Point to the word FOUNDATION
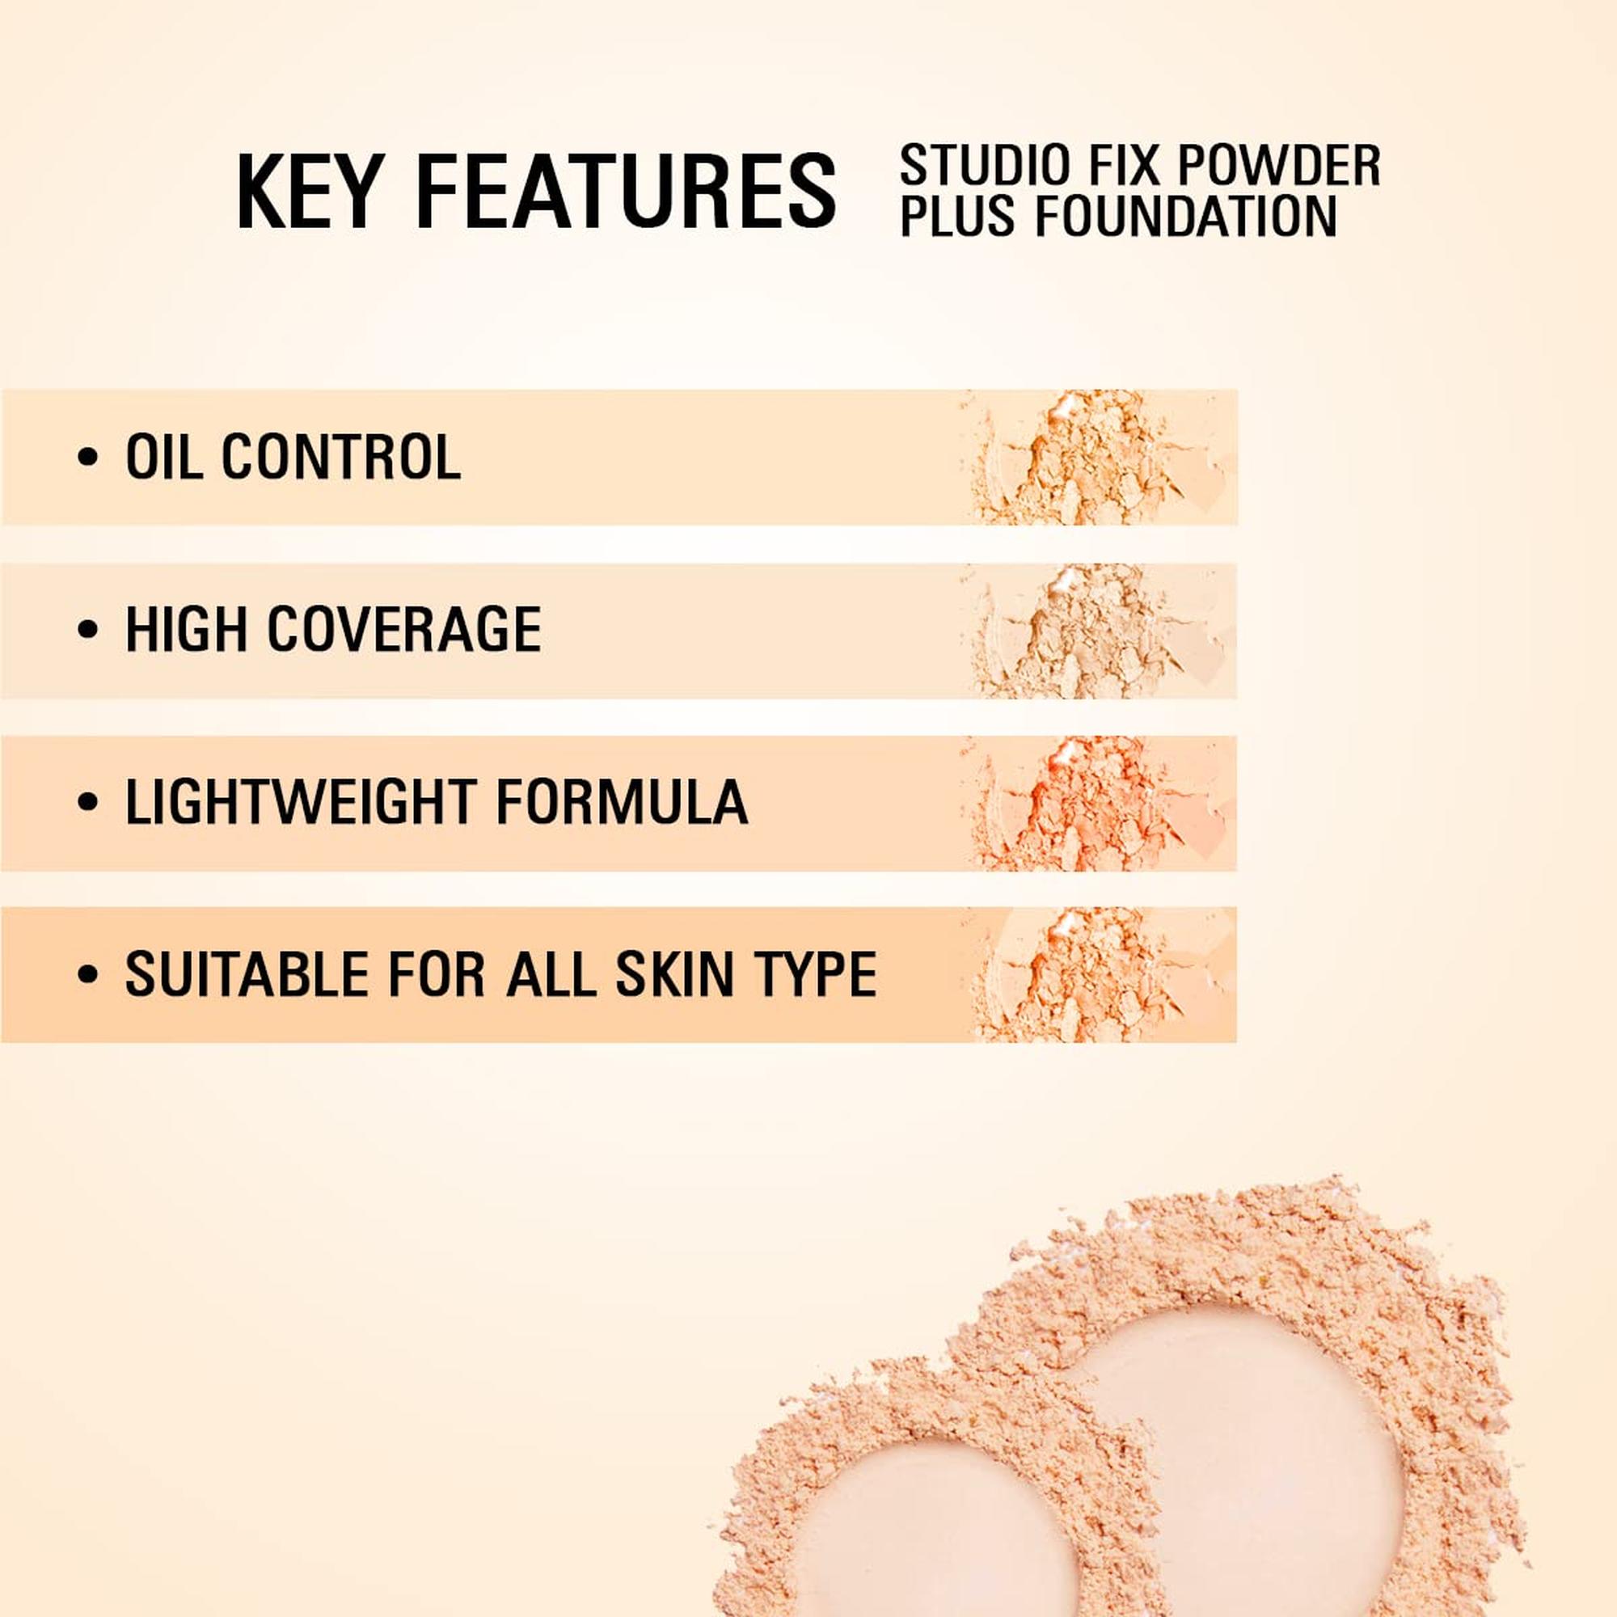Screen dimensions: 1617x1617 coord(1185,216)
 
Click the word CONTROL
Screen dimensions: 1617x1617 coord(341,457)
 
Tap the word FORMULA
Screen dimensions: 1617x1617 coord(622,802)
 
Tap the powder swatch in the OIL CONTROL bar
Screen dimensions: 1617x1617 coord(1096,458)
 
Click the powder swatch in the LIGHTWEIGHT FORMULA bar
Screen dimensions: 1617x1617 coord(1096,804)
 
